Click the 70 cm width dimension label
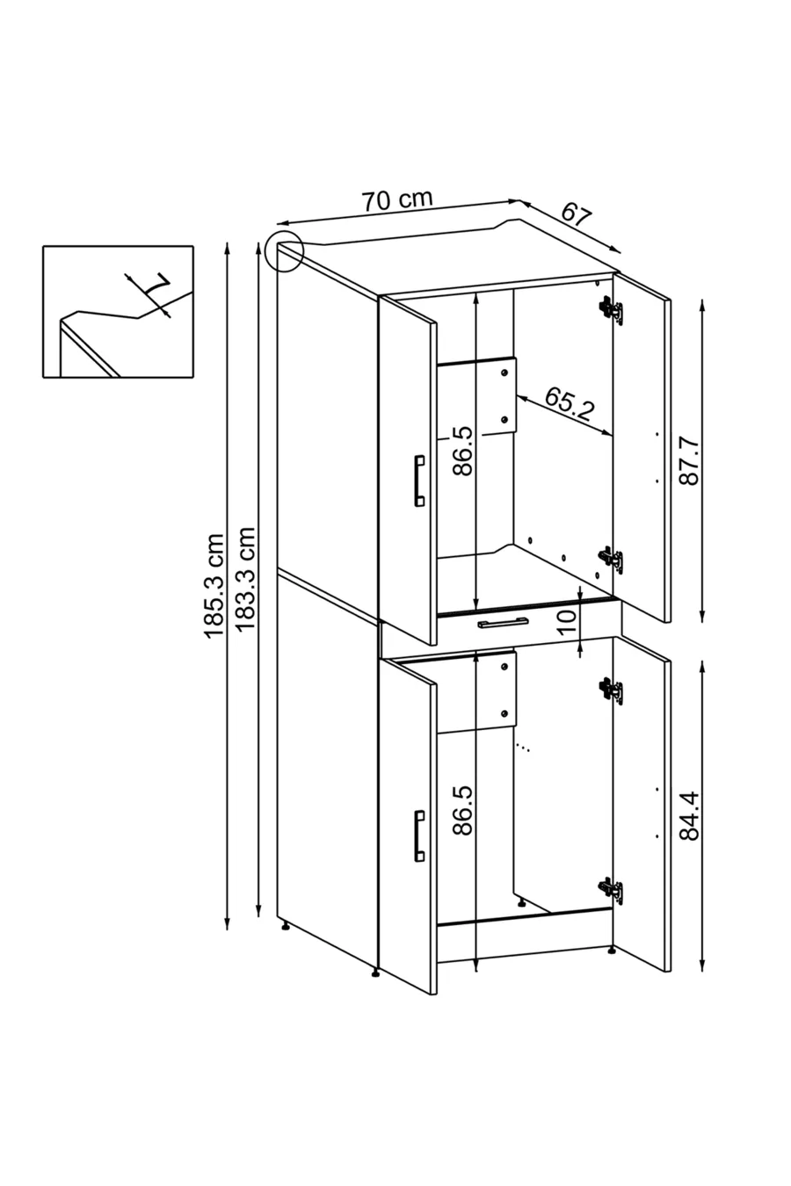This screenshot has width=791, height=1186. [x=397, y=199]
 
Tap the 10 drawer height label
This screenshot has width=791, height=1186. [x=567, y=616]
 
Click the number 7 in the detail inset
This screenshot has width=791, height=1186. [x=156, y=286]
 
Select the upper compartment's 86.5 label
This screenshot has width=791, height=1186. [x=462, y=451]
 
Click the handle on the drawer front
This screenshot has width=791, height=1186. [x=503, y=624]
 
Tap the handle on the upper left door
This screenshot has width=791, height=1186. [x=419, y=481]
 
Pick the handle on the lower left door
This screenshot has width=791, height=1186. [x=419, y=835]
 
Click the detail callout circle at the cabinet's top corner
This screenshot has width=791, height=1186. [x=283, y=249]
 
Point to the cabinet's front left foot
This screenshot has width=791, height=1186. [x=375, y=972]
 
